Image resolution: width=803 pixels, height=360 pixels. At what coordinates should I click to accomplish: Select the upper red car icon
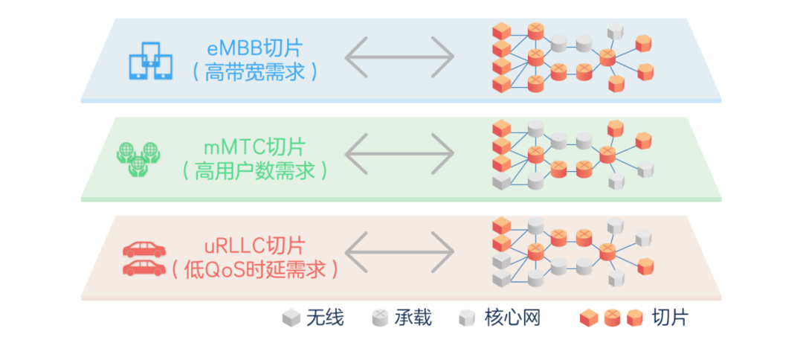tap(144, 249)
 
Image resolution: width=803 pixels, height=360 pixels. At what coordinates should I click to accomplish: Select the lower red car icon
tap(144, 267)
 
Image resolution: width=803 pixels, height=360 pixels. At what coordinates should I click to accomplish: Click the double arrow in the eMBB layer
tap(399, 57)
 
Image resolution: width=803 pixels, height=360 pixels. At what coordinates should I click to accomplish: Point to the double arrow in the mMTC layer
tap(399, 154)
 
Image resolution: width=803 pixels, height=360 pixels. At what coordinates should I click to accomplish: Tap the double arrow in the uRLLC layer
tap(399, 253)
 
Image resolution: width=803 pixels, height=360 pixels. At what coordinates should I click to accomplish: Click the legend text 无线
tap(324, 318)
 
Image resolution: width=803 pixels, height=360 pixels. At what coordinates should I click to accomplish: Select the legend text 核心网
tap(509, 318)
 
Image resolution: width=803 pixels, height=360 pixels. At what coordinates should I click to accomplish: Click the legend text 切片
tap(670, 318)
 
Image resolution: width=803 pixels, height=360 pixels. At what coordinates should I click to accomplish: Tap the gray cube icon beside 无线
tap(291, 318)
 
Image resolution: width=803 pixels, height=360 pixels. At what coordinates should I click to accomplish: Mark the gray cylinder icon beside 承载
tap(379, 318)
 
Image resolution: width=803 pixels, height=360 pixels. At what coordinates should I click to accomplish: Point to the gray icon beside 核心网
tap(467, 318)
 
